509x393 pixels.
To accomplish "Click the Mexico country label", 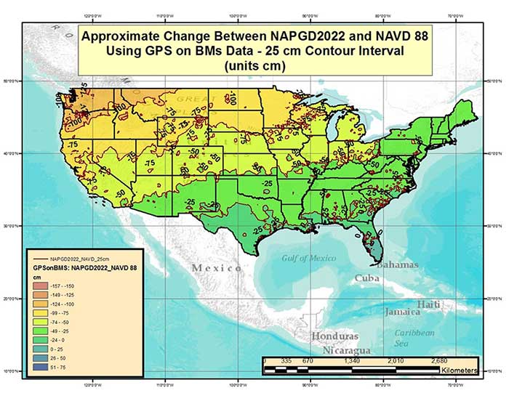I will point(216,268).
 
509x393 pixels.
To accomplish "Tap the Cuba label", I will point(369,279).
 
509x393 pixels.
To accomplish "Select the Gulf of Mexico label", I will point(309,258).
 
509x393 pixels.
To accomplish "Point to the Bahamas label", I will point(396,264).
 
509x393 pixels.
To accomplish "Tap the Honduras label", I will point(335,337).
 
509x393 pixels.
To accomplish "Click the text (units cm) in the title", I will point(256,65).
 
